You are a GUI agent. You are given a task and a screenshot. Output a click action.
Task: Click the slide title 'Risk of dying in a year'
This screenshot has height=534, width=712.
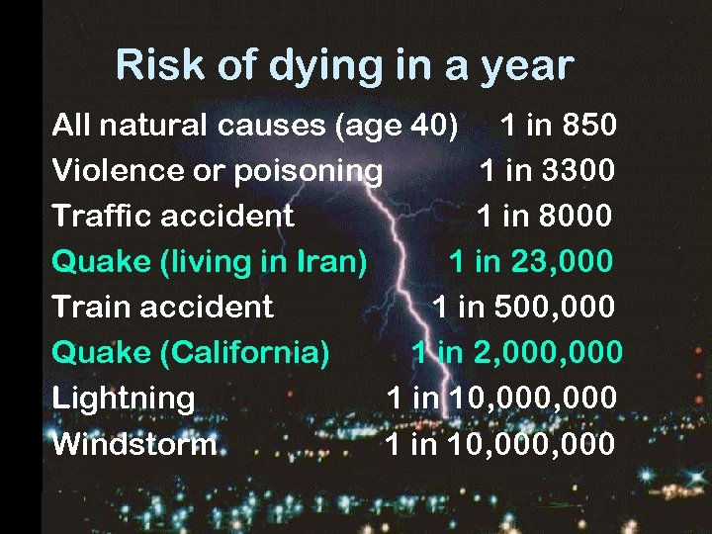(x=344, y=65)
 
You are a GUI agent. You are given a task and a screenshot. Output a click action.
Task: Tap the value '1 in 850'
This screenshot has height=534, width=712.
(x=559, y=126)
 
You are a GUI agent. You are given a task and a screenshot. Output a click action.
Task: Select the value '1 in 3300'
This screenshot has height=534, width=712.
(x=547, y=171)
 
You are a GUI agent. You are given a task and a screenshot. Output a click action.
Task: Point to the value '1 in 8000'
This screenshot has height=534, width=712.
(x=545, y=216)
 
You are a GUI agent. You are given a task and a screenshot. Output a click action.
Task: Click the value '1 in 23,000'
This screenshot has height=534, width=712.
(x=532, y=261)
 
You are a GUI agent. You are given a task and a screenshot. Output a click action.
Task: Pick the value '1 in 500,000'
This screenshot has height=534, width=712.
(x=523, y=307)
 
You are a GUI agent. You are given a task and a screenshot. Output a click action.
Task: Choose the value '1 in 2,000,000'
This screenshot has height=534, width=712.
(x=517, y=352)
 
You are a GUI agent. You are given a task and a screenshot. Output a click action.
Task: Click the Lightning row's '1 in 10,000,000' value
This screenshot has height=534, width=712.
(x=502, y=398)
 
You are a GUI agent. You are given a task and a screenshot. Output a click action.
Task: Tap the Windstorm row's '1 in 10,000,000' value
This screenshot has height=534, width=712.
(x=500, y=443)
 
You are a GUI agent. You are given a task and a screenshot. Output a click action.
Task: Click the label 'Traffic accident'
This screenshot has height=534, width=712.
(x=173, y=216)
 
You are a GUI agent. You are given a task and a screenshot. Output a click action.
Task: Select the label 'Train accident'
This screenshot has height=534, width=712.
(x=162, y=307)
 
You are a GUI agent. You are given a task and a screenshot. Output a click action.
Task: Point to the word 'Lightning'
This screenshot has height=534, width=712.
(x=124, y=398)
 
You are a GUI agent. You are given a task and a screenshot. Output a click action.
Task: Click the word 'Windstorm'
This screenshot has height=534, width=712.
(x=134, y=444)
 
